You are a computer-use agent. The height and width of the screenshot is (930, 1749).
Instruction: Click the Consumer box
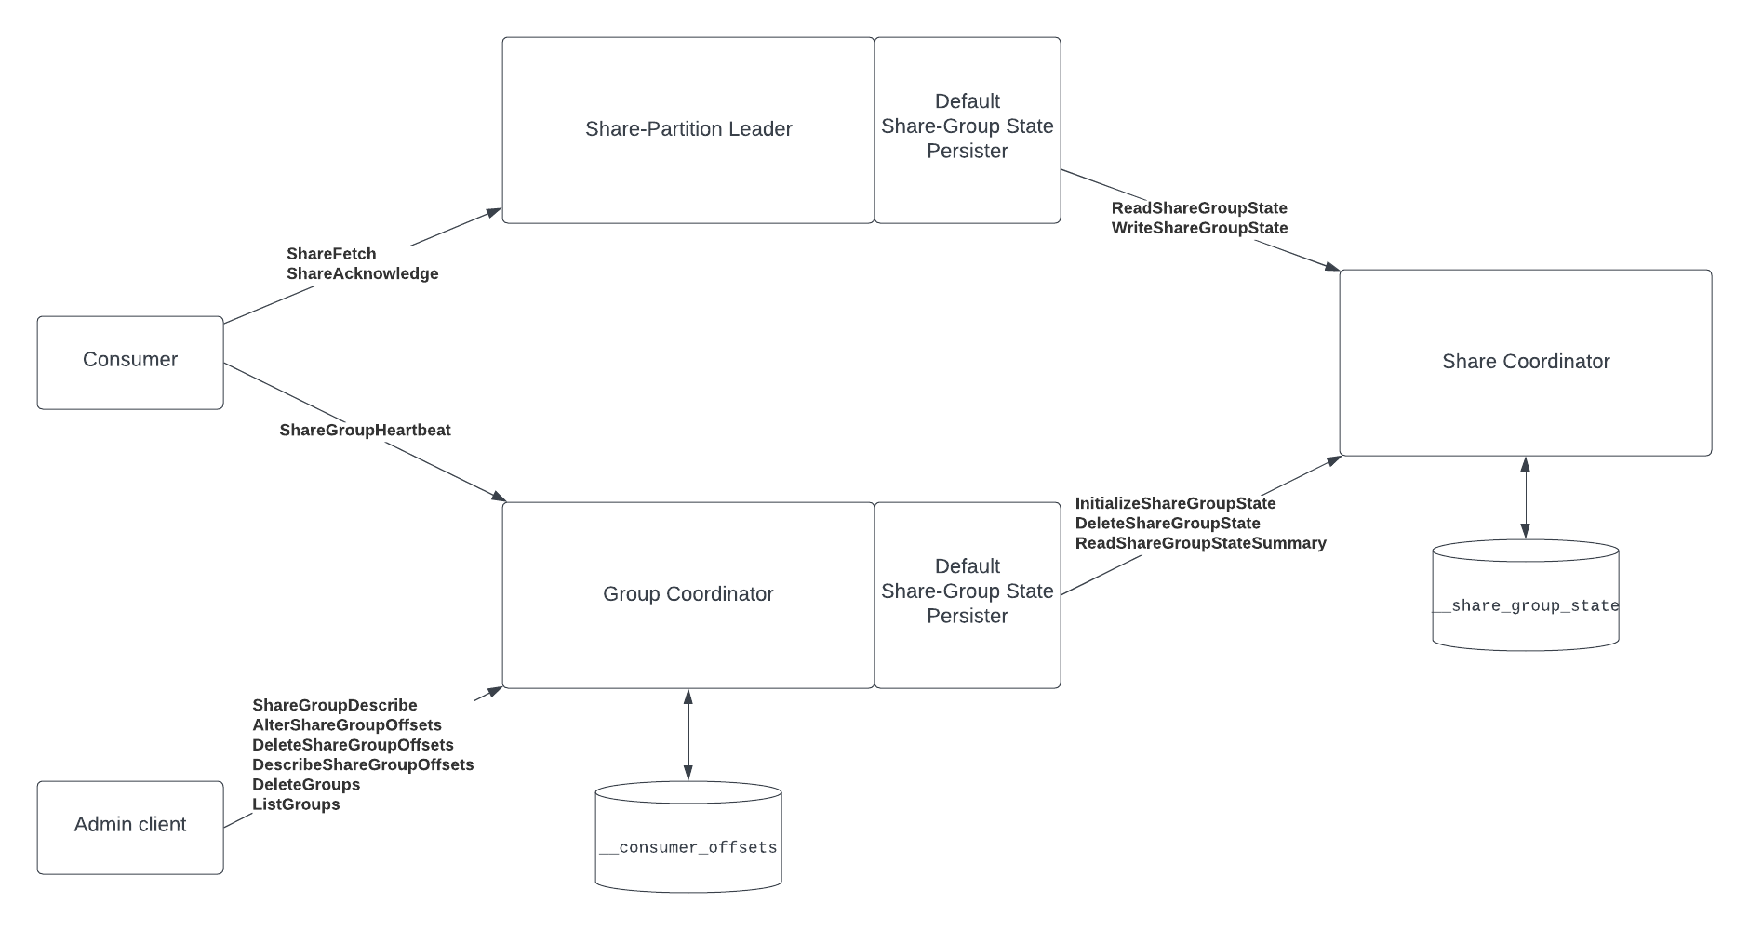point(130,362)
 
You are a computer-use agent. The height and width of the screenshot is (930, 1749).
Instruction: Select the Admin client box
point(130,827)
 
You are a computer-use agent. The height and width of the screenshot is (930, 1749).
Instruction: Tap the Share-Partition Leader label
point(688,129)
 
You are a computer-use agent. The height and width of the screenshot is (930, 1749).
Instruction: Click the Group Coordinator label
point(688,594)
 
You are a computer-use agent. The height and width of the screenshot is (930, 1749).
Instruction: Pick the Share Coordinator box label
point(1526,362)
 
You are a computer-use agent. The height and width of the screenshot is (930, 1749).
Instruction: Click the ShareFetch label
point(331,254)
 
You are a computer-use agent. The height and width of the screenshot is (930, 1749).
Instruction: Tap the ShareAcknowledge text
point(362,273)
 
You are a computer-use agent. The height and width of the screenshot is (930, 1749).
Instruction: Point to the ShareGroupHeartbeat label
point(365,430)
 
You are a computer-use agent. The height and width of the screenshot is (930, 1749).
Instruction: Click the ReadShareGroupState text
point(1199,208)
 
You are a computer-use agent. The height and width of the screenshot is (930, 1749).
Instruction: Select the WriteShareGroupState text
point(1199,228)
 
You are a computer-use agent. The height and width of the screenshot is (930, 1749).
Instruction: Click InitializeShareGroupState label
point(1175,503)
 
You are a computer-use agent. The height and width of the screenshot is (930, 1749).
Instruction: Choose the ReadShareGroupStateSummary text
point(1200,543)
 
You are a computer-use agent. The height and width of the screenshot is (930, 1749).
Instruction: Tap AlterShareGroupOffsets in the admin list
point(346,725)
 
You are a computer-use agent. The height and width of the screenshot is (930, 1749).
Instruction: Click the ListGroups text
point(296,804)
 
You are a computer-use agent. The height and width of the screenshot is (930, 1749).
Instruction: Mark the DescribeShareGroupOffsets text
point(363,764)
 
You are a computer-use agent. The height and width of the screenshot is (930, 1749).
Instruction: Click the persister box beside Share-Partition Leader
point(968,129)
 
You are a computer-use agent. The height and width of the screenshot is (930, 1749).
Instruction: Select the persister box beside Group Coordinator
point(968,594)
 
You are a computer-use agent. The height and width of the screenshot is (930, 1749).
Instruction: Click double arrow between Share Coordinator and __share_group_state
point(1525,498)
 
